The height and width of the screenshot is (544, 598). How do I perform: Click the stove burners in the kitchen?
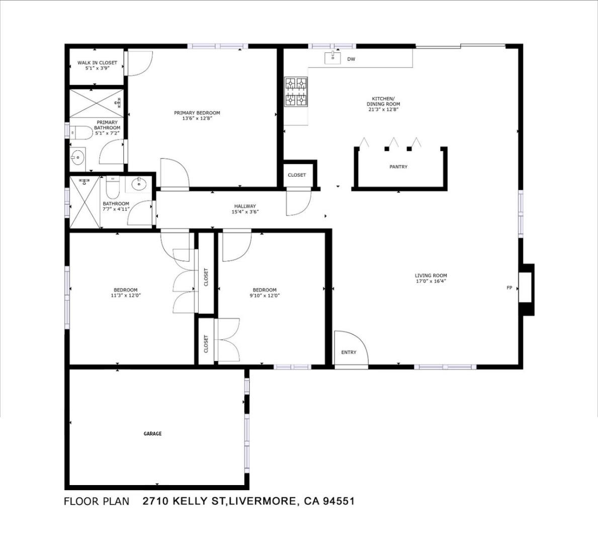296,92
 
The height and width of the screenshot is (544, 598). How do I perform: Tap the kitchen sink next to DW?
332,57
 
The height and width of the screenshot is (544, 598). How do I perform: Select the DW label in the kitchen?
351,59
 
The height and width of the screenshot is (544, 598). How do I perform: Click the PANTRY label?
398,167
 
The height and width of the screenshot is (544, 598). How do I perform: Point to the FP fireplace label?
509,288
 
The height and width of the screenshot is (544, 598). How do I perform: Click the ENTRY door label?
349,352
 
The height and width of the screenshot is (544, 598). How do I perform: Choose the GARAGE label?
152,434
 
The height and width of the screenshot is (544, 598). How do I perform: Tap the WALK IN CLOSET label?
97,63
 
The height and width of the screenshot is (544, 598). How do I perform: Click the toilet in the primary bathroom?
80,133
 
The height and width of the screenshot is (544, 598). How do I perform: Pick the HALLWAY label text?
245,206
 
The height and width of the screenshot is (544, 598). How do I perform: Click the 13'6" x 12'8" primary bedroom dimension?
197,119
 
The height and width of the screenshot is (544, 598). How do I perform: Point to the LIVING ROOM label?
431,276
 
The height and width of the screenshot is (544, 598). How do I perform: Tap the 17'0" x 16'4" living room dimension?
431,282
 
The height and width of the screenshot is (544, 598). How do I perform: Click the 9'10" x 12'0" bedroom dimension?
265,296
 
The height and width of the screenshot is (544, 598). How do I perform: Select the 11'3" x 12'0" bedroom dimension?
126,296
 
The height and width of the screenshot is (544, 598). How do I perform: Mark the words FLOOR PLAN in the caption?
97,501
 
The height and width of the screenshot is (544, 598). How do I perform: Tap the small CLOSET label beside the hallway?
297,175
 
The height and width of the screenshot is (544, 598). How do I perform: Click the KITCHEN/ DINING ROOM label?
383,101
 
